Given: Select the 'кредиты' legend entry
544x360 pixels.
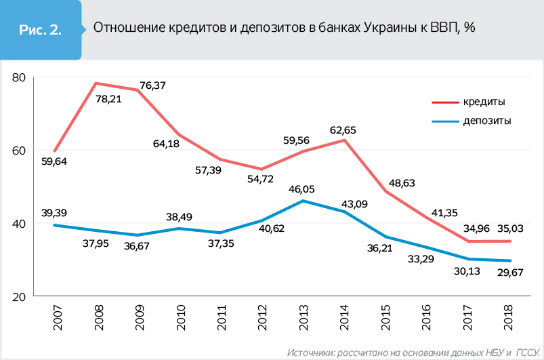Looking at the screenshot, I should click(484, 101).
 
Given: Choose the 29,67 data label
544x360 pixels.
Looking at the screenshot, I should click(509, 274).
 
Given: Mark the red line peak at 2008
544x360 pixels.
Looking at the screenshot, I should click(96, 83).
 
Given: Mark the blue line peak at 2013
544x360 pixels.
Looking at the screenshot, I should click(304, 201).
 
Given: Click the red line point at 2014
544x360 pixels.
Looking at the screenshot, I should click(345, 140).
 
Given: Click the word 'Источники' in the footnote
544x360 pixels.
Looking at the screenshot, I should click(309, 353).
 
